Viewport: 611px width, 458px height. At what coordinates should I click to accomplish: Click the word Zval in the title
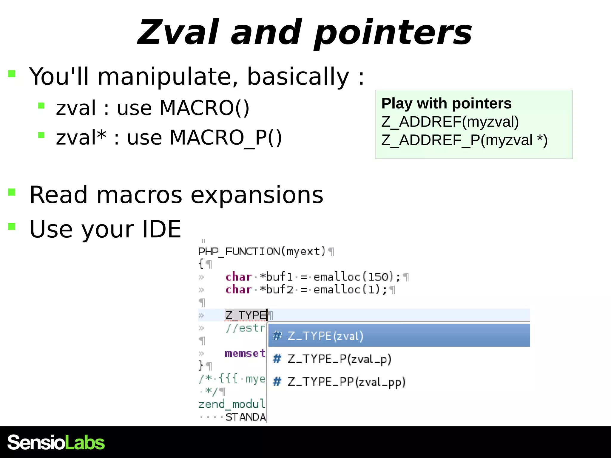pyautogui.click(x=178, y=32)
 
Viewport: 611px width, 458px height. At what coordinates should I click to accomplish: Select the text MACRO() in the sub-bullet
pyautogui.click(x=204, y=108)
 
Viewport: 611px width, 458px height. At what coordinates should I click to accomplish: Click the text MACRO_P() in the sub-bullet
pyautogui.click(x=226, y=138)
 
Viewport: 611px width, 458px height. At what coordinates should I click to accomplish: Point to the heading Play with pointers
pyautogui.click(x=446, y=103)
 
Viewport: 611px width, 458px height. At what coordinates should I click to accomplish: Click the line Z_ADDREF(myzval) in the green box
pyautogui.click(x=450, y=122)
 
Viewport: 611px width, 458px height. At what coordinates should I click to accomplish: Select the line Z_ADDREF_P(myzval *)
pyautogui.click(x=464, y=140)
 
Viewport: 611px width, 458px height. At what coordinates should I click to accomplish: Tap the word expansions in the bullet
pyautogui.click(x=257, y=195)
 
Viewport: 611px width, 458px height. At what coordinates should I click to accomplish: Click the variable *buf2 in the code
pyautogui.click(x=277, y=290)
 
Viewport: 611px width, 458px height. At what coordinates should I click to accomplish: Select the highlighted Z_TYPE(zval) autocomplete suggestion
pyautogui.click(x=325, y=336)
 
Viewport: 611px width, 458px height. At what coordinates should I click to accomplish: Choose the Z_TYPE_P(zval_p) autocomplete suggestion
pyautogui.click(x=339, y=359)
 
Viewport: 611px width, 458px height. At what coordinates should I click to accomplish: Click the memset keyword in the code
pyautogui.click(x=245, y=353)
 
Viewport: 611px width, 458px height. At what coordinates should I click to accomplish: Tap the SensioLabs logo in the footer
pyautogui.click(x=56, y=442)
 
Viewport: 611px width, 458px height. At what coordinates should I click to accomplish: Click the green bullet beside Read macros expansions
pyautogui.click(x=12, y=192)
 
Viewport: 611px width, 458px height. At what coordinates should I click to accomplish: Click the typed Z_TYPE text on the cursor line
pyautogui.click(x=246, y=315)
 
